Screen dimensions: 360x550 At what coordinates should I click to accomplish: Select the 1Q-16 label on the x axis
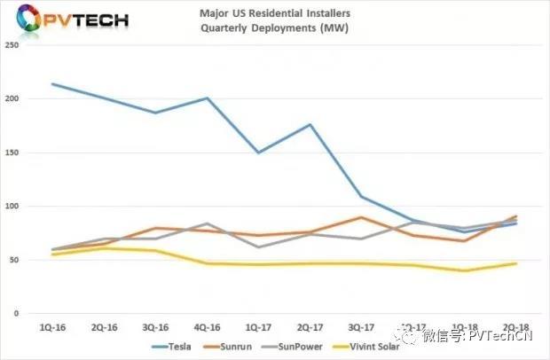pyautogui.click(x=52, y=326)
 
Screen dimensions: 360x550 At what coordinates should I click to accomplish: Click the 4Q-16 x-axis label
pyautogui.click(x=207, y=326)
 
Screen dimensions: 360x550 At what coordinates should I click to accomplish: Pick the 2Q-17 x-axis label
pyautogui.click(x=310, y=326)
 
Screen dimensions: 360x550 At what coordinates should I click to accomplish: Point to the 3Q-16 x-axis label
pyautogui.click(x=155, y=326)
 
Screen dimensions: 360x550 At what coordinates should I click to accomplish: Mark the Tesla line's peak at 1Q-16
pyautogui.click(x=52, y=84)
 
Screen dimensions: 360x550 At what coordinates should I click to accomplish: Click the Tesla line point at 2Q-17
pyautogui.click(x=310, y=124)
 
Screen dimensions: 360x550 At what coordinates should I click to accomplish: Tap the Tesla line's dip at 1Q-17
pyautogui.click(x=258, y=153)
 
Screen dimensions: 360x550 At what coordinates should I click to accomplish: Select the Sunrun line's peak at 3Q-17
pyautogui.click(x=361, y=217)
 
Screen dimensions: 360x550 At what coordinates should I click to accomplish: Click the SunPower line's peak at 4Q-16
pyautogui.click(x=207, y=223)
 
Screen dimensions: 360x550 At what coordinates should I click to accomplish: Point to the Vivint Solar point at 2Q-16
pyautogui.click(x=104, y=248)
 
